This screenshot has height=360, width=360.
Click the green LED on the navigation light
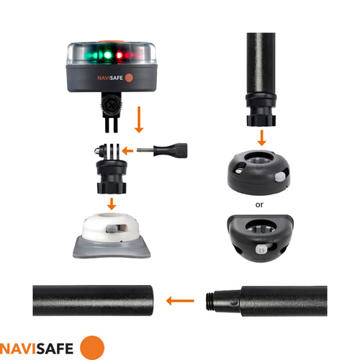tap(105, 54)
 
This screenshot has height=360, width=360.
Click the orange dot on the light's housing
tap(129, 77)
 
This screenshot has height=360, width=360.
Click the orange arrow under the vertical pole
tap(262, 136)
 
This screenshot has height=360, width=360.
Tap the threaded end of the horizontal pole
tap(219, 301)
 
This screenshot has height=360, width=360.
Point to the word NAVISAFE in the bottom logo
tap(40, 348)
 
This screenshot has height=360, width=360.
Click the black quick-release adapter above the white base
tap(111, 173)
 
